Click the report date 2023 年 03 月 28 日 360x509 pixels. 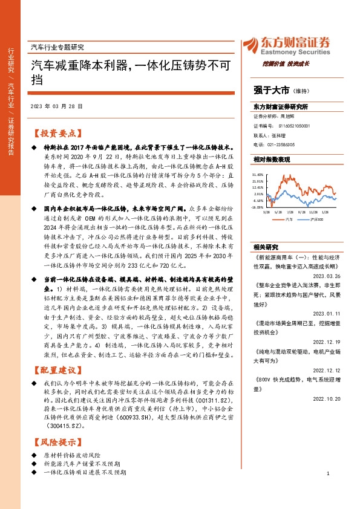(x=56, y=106)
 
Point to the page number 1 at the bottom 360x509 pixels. (x=327, y=491)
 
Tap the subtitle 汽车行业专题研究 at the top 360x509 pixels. (x=57, y=47)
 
